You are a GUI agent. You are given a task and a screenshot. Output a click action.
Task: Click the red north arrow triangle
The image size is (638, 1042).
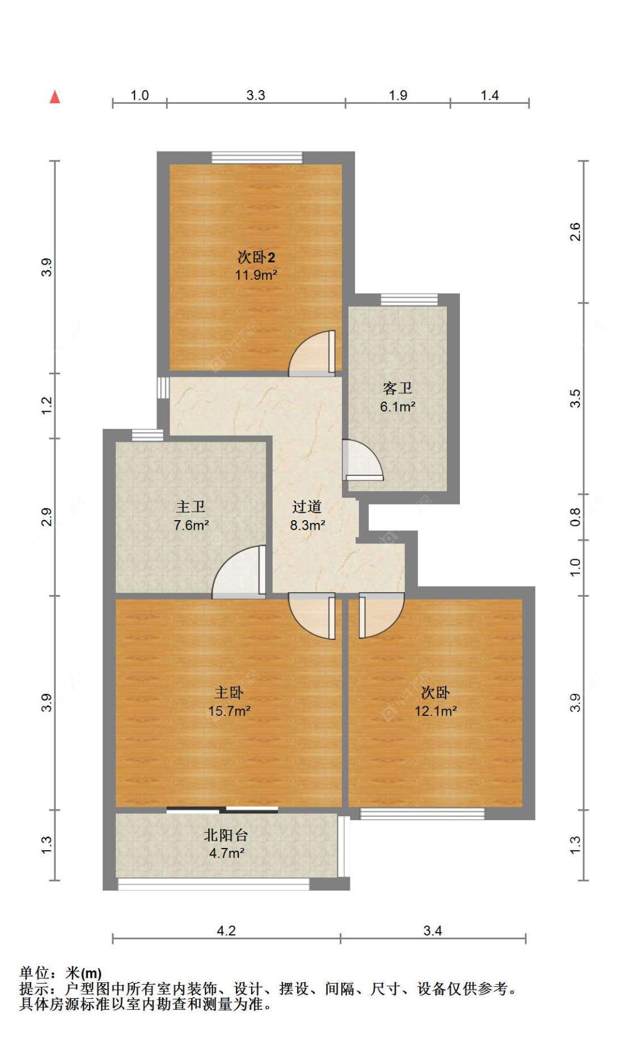click(55, 97)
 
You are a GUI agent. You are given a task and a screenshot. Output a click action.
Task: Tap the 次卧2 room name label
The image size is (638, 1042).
click(256, 258)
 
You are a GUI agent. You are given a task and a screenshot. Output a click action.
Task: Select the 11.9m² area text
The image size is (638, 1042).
click(256, 276)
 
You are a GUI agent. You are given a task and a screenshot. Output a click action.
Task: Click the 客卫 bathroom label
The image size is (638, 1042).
click(397, 389)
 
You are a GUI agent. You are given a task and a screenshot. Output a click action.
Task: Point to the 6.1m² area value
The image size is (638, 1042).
click(397, 407)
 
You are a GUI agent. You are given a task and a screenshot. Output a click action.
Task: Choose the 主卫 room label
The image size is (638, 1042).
click(191, 507)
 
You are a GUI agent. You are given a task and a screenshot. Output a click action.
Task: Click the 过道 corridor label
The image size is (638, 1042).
click(307, 507)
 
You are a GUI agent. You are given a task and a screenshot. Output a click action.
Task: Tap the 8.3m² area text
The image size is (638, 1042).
click(307, 525)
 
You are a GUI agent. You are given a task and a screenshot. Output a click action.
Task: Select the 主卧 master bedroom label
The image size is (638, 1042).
click(229, 693)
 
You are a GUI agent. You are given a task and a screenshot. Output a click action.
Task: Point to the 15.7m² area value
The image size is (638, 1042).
click(229, 711)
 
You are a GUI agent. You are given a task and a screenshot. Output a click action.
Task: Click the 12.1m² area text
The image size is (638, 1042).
click(436, 711)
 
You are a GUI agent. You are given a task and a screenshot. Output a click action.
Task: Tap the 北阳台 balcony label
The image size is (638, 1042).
click(226, 835)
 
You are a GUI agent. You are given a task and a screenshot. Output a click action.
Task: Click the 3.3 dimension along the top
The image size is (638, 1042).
click(255, 95)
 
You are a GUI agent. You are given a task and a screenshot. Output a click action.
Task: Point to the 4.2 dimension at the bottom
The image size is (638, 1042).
click(226, 931)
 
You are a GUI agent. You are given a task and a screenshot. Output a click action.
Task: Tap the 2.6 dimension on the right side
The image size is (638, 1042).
click(575, 232)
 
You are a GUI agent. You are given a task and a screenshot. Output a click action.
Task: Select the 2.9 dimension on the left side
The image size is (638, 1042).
click(47, 517)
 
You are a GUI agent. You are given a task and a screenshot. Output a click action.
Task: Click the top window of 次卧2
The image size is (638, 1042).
click(257, 158)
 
